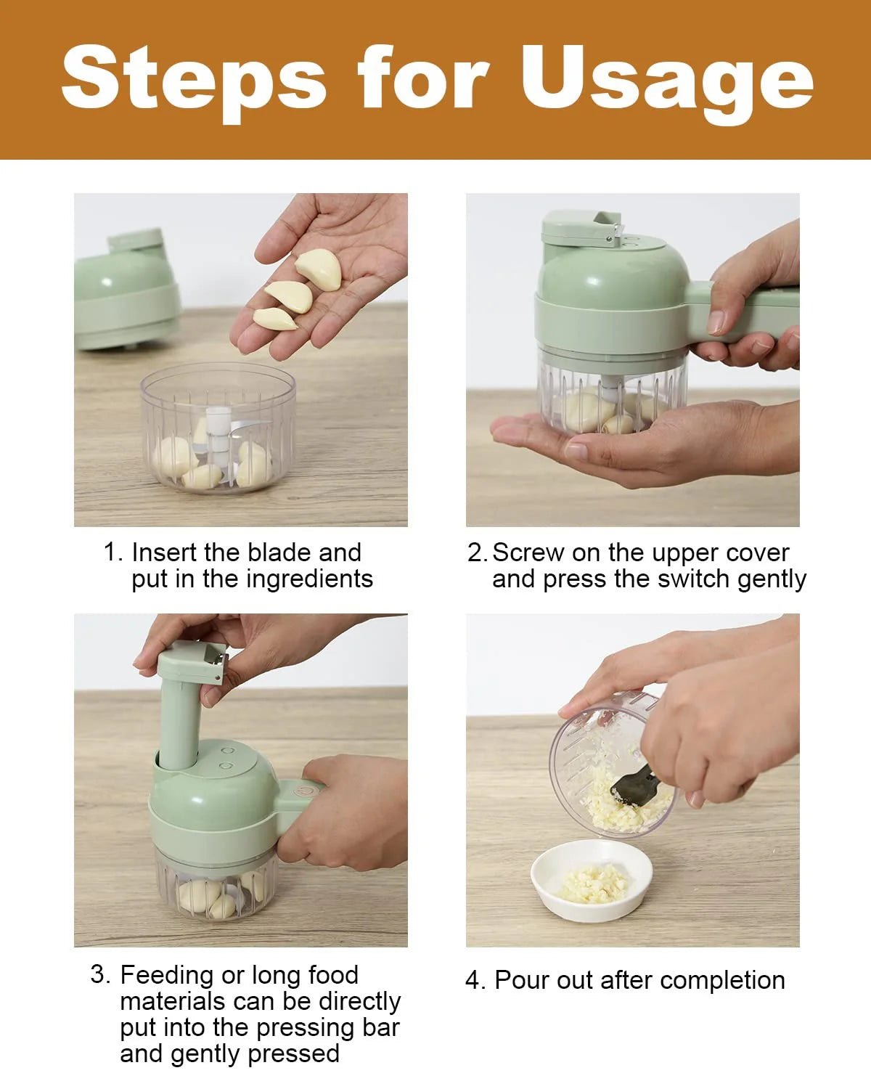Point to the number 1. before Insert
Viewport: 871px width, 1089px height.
coord(114,552)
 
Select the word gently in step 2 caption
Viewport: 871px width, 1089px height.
coord(772,579)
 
